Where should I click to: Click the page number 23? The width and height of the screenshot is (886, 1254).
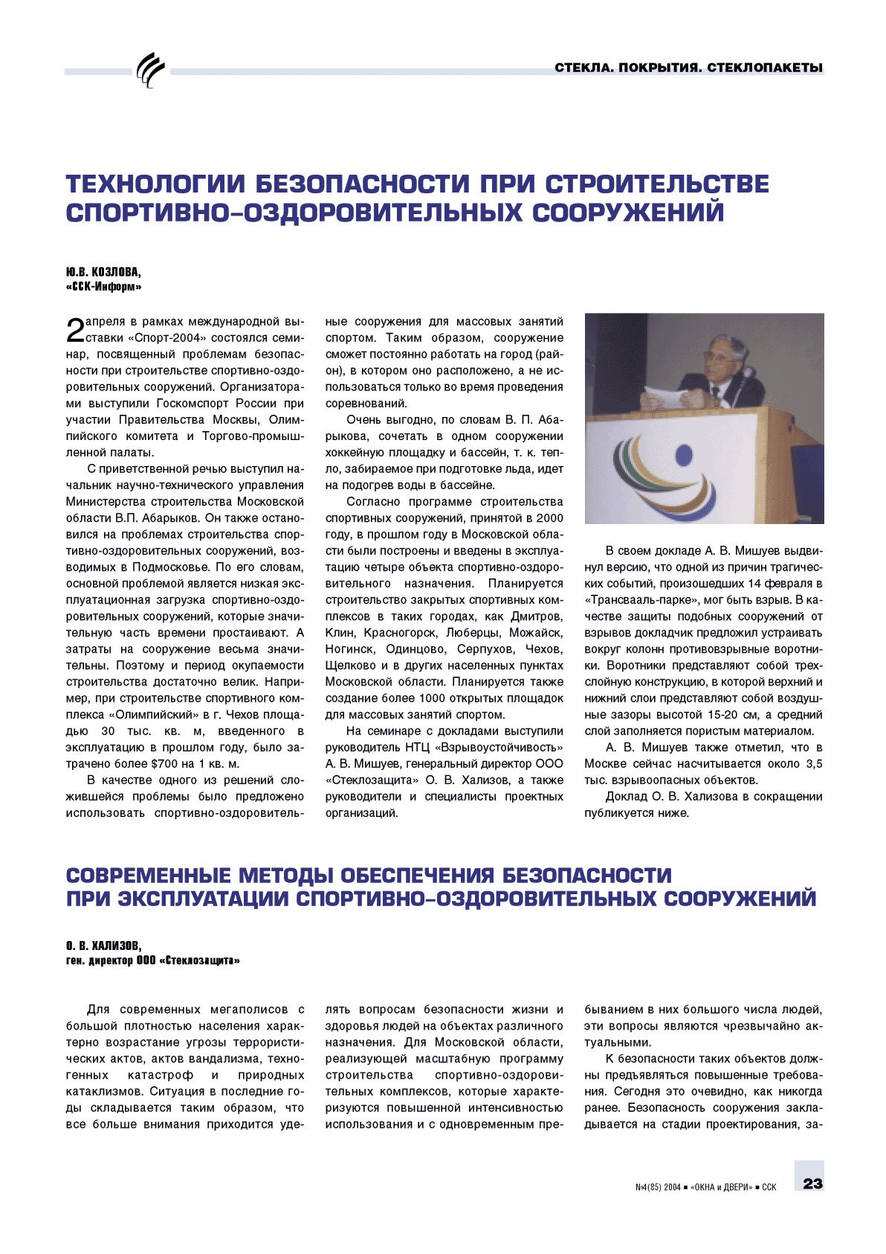pyautogui.click(x=812, y=1183)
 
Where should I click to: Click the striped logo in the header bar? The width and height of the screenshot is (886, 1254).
pyautogui.click(x=151, y=71)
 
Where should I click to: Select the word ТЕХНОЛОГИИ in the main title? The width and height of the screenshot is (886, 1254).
pyautogui.click(x=156, y=184)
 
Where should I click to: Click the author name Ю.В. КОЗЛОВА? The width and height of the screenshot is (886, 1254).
pyautogui.click(x=103, y=272)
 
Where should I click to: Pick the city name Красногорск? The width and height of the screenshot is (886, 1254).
pyautogui.click(x=400, y=633)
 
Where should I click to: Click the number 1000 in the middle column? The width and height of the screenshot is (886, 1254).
pyautogui.click(x=433, y=698)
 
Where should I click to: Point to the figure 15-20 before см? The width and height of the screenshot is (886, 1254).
pyautogui.click(x=725, y=714)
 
